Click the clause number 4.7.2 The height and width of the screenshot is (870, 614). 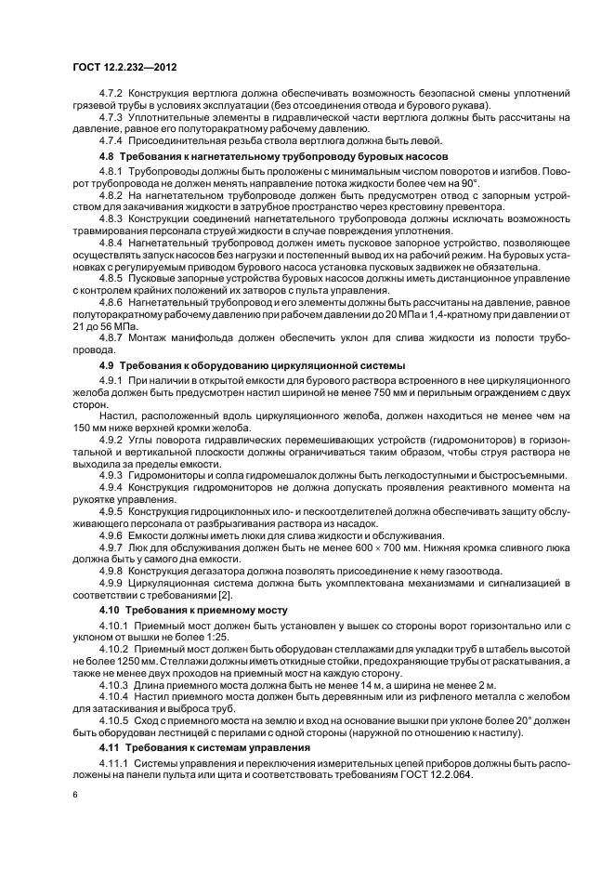[112, 95]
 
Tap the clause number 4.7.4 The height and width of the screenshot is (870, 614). [112, 139]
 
